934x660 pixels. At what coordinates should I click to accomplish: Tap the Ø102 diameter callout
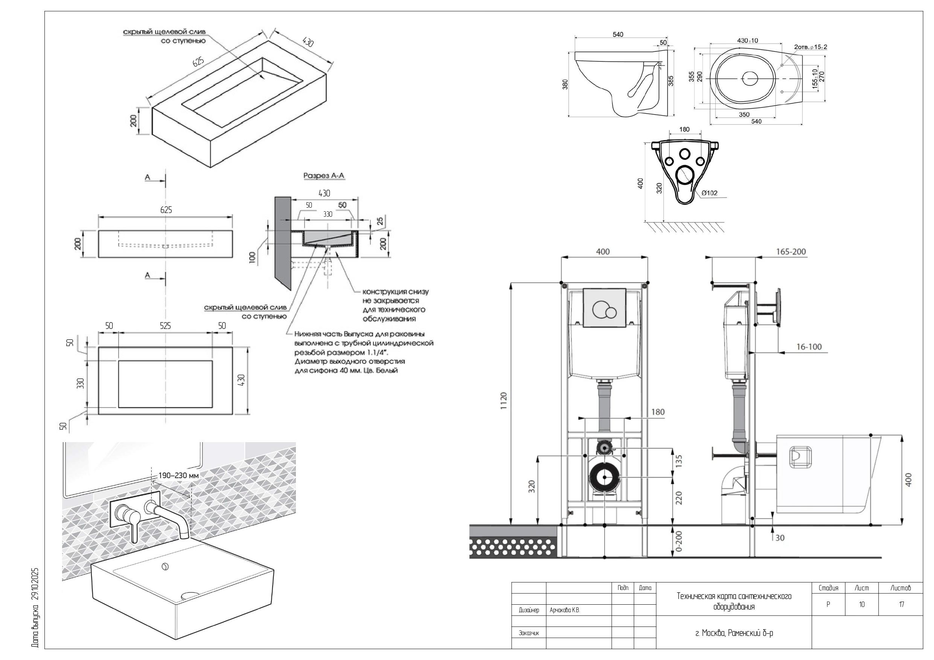click(x=710, y=193)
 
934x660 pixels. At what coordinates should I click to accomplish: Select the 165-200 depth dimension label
click(x=791, y=252)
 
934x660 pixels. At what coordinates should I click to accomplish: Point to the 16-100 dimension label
click(x=809, y=347)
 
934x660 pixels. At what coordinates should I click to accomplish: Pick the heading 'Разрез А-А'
click(x=324, y=176)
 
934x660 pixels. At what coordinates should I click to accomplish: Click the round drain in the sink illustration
click(x=165, y=566)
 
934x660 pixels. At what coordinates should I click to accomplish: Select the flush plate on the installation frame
click(x=604, y=308)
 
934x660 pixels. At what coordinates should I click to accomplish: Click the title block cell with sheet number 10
click(x=862, y=604)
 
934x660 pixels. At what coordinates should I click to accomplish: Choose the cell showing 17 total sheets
click(x=902, y=604)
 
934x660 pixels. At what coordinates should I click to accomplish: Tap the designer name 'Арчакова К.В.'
click(x=565, y=610)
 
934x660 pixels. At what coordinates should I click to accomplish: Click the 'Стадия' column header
click(x=828, y=588)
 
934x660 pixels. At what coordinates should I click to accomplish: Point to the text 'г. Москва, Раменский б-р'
click(x=734, y=633)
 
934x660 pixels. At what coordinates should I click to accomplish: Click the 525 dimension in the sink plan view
click(x=165, y=326)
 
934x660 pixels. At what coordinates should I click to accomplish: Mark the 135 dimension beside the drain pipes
click(x=678, y=461)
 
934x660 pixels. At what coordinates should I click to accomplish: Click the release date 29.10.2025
click(x=35, y=585)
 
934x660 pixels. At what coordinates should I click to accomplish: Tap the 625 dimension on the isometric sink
click(x=198, y=62)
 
